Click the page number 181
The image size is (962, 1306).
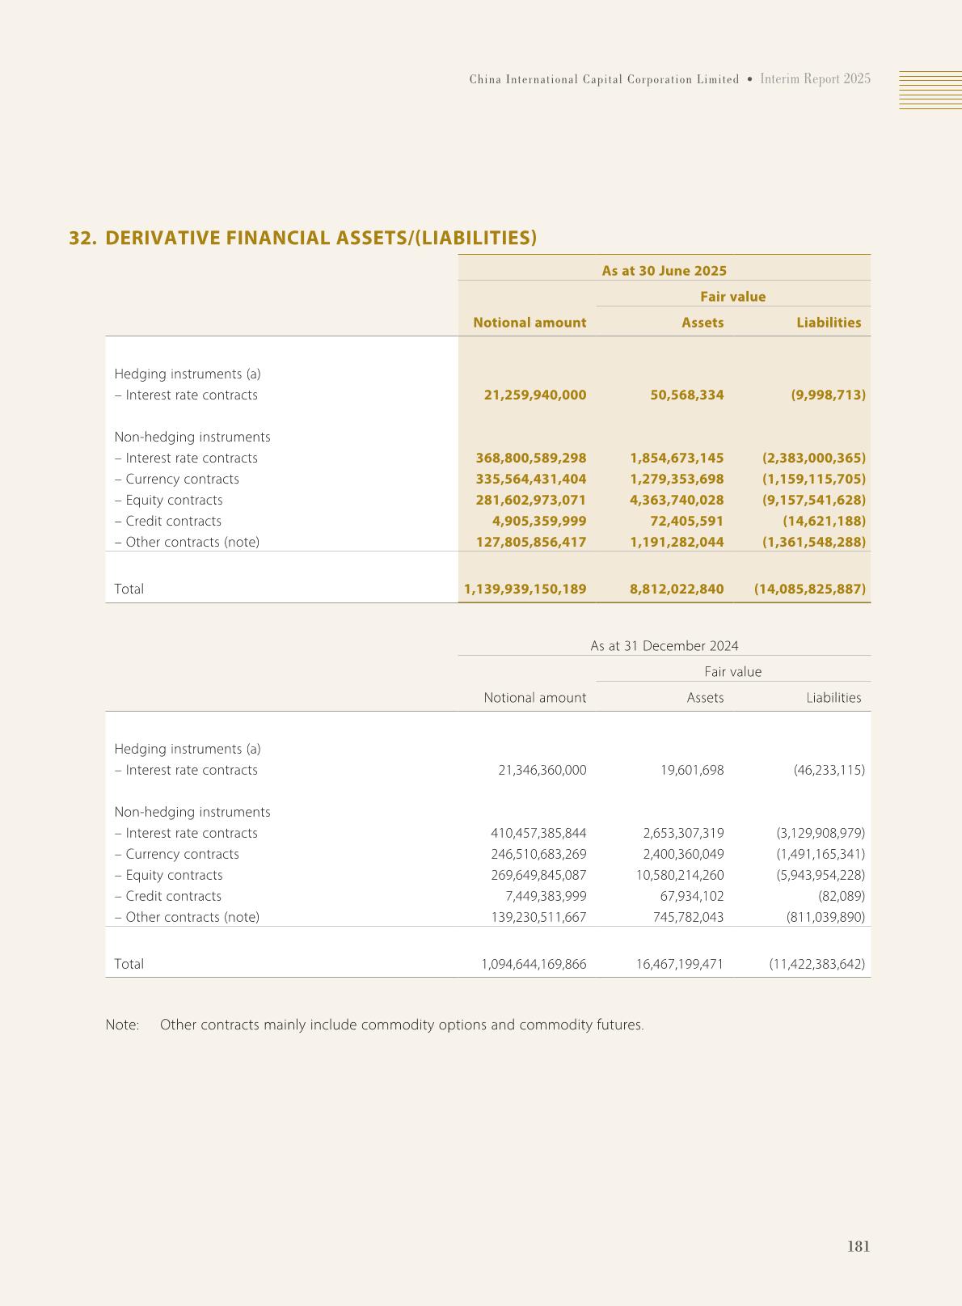pos(858,1246)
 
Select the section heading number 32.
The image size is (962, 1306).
pos(82,238)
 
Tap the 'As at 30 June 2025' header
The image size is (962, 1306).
pos(664,271)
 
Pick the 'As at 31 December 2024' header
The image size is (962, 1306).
pos(664,646)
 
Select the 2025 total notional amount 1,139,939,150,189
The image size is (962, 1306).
pos(525,590)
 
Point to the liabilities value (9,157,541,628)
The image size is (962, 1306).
pos(813,501)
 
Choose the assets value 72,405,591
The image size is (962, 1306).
pos(686,522)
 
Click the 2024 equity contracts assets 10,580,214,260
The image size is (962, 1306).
pos(680,876)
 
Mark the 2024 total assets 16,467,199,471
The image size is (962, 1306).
pos(680,965)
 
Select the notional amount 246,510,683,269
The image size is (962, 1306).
pos(538,855)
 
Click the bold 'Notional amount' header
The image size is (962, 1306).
pos(530,323)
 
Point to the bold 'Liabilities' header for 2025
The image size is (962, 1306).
pos(829,323)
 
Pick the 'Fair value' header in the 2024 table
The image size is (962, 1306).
pos(732,672)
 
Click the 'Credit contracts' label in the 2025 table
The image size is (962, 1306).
pos(173,522)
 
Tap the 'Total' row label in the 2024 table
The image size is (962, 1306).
pos(129,965)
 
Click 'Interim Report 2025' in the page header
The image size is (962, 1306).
pos(815,79)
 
